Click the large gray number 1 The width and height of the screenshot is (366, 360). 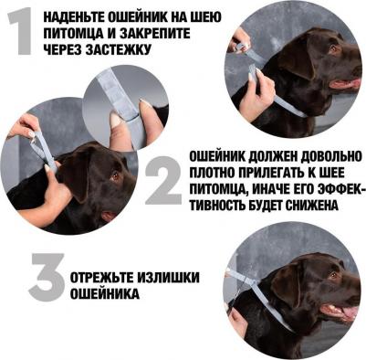coord(21,31)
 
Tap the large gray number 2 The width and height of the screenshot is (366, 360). coord(164,180)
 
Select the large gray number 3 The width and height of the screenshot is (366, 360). coord(47,277)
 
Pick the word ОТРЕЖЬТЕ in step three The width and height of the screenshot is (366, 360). coord(101,278)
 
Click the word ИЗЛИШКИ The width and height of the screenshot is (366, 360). coord(168,278)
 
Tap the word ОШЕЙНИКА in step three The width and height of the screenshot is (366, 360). coord(105,294)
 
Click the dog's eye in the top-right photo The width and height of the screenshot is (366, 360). coord(334,48)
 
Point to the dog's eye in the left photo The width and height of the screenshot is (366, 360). coord(115,176)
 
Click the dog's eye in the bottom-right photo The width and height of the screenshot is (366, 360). coord(334,275)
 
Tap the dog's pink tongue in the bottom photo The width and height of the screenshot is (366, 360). coord(350,312)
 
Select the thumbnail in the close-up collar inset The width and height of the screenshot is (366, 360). coord(116,119)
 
